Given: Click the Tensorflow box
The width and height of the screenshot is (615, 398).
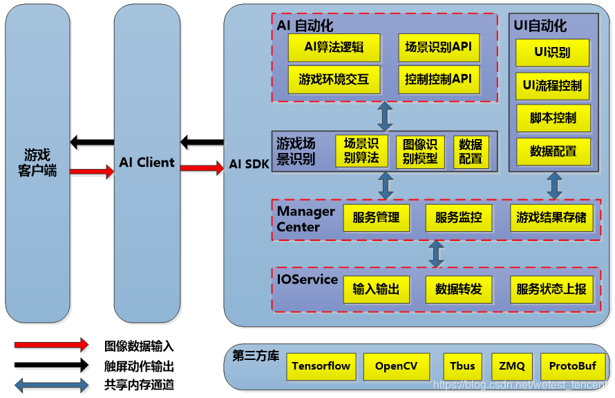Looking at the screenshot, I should (x=321, y=366).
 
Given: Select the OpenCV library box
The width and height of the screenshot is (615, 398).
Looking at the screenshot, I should (x=396, y=366).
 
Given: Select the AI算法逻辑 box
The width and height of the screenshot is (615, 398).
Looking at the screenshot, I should (x=334, y=47).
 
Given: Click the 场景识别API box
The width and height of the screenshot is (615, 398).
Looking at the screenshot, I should (x=438, y=47).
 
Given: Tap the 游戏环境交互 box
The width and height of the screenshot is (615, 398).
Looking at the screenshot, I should (x=334, y=79).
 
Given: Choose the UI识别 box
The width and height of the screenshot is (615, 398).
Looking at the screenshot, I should (x=552, y=53).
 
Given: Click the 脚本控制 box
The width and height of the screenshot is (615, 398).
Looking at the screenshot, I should (x=553, y=118).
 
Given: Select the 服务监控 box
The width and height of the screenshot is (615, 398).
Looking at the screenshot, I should (x=458, y=217).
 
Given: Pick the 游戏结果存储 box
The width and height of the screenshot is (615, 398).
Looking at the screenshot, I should (x=551, y=217).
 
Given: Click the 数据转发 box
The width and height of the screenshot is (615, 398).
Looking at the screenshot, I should (x=458, y=289).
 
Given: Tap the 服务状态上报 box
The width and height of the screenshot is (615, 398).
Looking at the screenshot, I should (x=551, y=289).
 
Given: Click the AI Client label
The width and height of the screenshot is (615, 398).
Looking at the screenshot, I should (x=146, y=163).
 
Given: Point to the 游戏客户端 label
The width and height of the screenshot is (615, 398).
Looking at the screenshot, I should (x=37, y=162).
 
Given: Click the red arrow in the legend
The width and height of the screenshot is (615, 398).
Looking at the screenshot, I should (x=52, y=345).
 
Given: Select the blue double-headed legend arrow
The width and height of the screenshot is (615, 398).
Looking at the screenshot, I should (x=52, y=384).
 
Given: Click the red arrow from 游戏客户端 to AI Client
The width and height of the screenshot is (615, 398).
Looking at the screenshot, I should (x=92, y=171).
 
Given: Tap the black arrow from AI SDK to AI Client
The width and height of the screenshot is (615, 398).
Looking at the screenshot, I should (x=202, y=143).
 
